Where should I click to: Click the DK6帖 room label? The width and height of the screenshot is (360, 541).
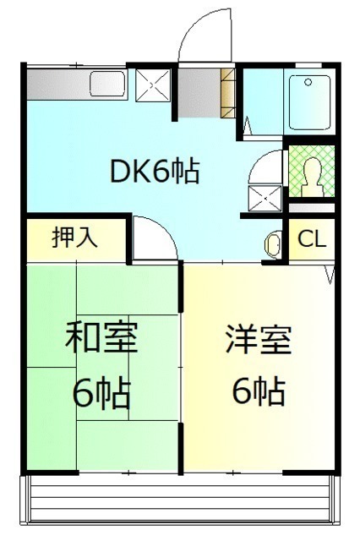click(155, 171)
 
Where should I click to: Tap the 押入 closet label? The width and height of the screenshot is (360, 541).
click(74, 238)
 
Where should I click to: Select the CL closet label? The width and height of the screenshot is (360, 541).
click(312, 238)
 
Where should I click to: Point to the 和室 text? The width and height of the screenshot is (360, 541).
click(101, 336)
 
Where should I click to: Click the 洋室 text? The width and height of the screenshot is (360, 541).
click(259, 339)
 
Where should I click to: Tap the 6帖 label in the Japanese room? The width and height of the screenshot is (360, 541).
click(101, 394)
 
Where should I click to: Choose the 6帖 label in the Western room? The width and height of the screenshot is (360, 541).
click(259, 392)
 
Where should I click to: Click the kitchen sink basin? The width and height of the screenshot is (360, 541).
click(108, 84)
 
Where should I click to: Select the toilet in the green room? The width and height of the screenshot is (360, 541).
click(312, 177)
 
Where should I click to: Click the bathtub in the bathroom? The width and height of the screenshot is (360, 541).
click(309, 102)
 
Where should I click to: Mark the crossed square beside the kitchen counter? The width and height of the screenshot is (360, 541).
click(153, 85)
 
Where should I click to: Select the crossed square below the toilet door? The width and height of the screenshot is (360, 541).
click(265, 198)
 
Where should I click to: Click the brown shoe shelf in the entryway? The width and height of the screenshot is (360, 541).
click(228, 93)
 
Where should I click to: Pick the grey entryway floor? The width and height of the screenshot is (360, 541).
click(199, 93)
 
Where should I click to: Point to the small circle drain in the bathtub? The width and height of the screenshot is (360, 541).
click(308, 82)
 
